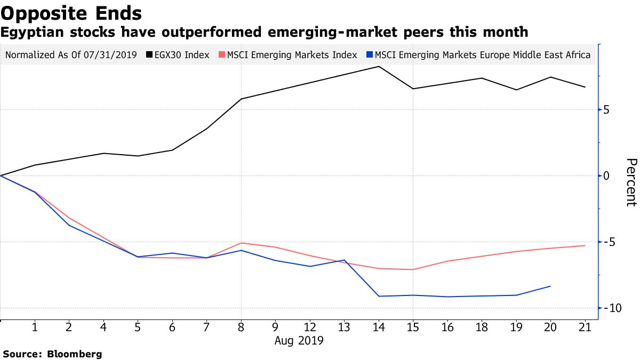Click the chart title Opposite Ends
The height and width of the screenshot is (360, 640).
tap(71, 13)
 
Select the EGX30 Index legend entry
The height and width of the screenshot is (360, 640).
tap(181, 55)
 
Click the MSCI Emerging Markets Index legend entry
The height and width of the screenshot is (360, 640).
tap(288, 55)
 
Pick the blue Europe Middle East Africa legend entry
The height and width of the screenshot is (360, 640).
tap(478, 55)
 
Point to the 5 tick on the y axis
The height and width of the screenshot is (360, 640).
tap(606, 110)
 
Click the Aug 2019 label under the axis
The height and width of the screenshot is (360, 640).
tap(299, 340)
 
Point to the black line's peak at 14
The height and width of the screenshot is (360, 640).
tap(379, 67)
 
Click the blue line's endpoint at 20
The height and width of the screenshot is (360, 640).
tap(550, 286)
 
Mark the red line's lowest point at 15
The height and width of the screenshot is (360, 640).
tap(413, 269)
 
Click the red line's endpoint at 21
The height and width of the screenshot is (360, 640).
tap(585, 246)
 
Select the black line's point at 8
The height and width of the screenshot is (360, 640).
tap(241, 99)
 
